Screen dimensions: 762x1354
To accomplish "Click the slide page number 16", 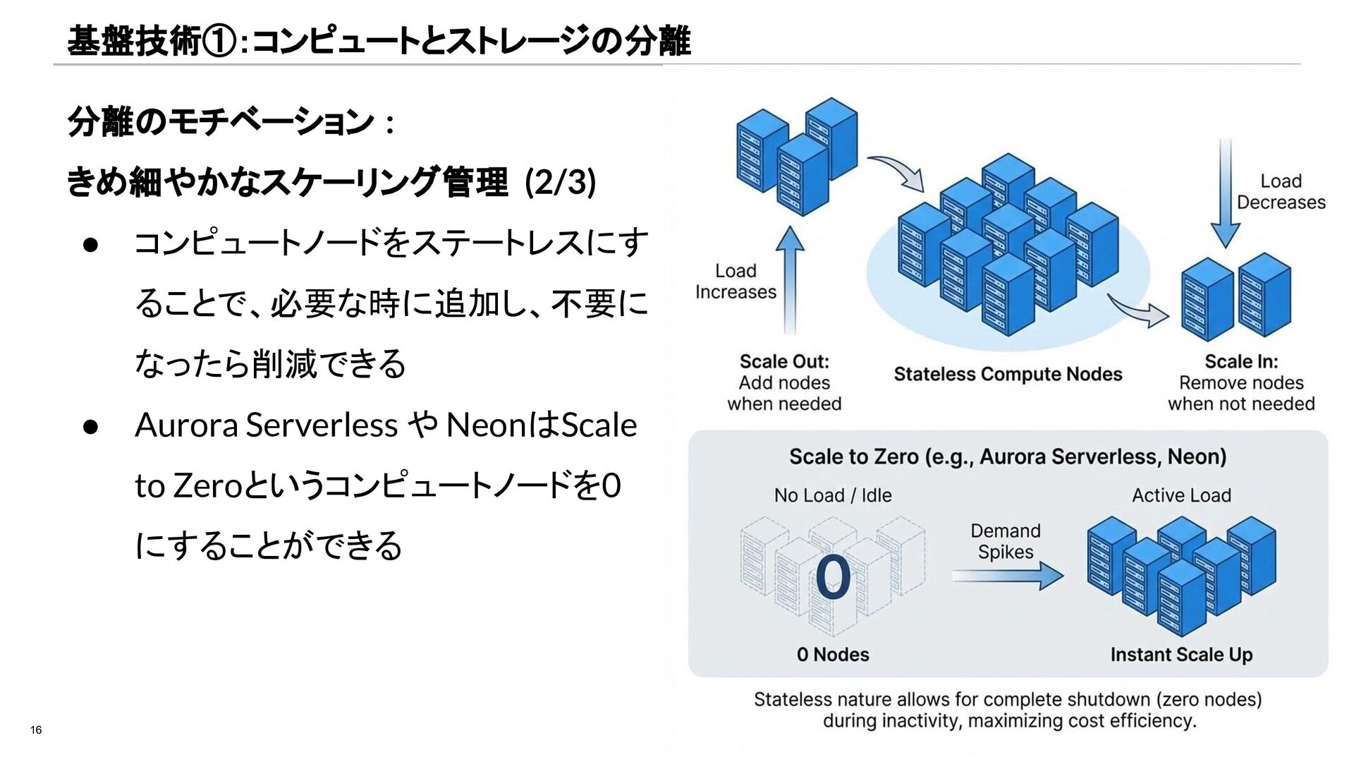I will point(36,730).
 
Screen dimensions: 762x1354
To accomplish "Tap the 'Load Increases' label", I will point(736,282).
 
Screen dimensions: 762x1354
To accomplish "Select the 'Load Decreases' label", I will point(1281,192).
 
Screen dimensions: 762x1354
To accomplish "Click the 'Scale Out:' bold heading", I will point(784,361).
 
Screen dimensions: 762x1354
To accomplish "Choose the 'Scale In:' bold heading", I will point(1241,361).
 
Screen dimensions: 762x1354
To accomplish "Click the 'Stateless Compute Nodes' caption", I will point(1008,374).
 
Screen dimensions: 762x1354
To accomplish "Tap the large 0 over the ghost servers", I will point(833,578).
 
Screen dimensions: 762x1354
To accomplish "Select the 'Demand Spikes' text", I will point(1006,541).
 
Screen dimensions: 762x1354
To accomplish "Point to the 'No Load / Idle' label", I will point(833,495).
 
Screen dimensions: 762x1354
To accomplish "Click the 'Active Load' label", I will point(1181,495).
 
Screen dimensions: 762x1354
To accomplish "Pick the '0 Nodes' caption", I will point(833,654).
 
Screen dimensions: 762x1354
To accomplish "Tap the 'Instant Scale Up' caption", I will point(1181,654).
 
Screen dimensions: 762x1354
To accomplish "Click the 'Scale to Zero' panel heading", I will point(1008,456).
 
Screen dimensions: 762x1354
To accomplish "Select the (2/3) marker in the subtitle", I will point(560,183).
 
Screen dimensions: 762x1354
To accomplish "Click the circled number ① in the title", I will point(219,42).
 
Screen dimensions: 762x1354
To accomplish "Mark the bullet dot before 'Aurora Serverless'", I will point(90,426).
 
